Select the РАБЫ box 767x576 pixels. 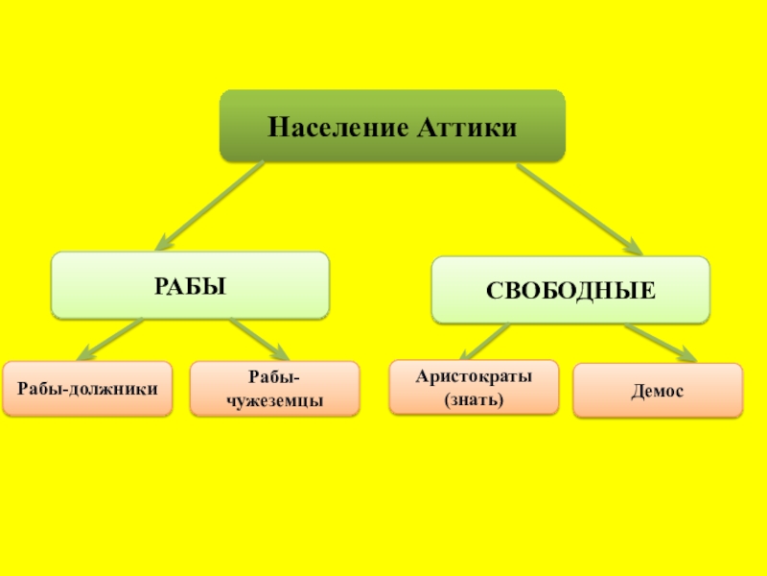click(x=190, y=285)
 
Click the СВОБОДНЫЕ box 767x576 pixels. click(x=570, y=289)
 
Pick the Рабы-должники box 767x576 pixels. click(x=87, y=388)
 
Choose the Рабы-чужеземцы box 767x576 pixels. click(x=274, y=389)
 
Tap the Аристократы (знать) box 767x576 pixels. click(x=474, y=387)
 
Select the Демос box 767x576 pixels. click(x=658, y=391)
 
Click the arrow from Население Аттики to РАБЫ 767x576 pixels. click(x=209, y=204)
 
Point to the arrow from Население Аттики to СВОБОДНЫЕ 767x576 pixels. click(x=578, y=208)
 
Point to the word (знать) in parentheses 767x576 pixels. click(x=474, y=398)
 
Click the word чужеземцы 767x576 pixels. click(x=274, y=400)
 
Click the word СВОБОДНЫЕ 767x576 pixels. click(x=570, y=290)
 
